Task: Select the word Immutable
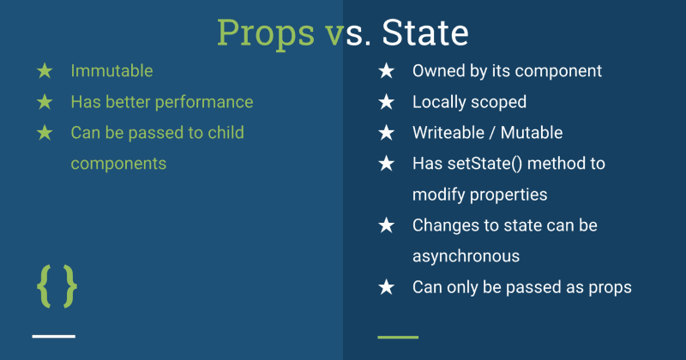click(111, 71)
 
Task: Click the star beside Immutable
click(45, 71)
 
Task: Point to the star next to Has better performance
click(45, 102)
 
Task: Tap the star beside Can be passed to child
click(45, 133)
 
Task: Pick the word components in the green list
click(118, 163)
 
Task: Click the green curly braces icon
click(57, 286)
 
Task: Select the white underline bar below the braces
click(54, 336)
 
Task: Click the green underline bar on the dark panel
click(398, 337)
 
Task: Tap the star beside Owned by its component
click(387, 71)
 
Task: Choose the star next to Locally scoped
click(387, 102)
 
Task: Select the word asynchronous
click(466, 255)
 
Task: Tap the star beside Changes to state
click(387, 225)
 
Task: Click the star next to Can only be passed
click(387, 287)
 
